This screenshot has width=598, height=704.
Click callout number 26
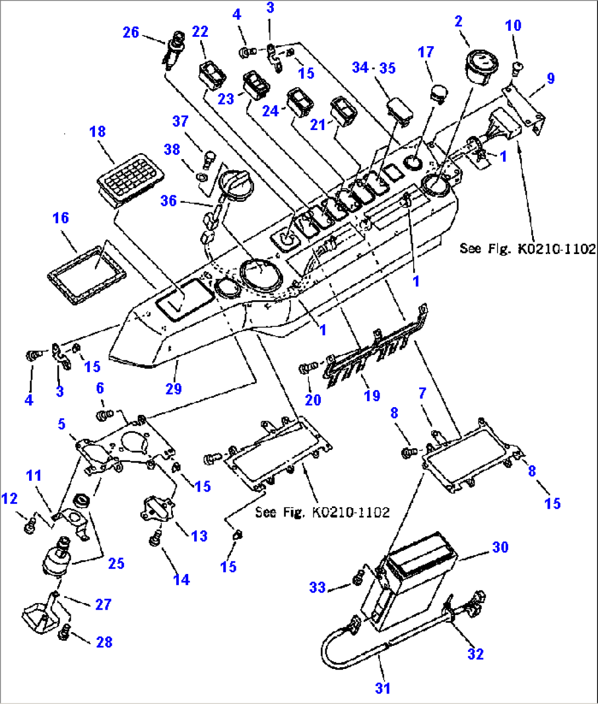click(131, 33)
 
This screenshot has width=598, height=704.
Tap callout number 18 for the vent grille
click(98, 132)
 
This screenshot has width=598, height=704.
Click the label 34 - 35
click(374, 68)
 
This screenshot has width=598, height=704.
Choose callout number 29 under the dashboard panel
click(173, 388)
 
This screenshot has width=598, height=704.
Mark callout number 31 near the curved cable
click(382, 688)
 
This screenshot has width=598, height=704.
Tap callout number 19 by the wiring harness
click(372, 395)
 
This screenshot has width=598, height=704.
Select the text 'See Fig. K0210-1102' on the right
click(527, 249)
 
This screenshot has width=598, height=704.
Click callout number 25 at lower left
click(116, 563)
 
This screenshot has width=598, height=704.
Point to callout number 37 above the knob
click(180, 121)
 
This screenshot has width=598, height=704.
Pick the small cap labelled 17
click(437, 94)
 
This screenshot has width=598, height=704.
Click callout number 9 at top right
click(550, 78)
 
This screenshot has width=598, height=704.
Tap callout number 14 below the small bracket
click(181, 579)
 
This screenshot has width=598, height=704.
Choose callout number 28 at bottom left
click(104, 641)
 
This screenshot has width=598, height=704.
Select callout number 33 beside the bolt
click(318, 587)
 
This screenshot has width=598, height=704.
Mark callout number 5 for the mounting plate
click(61, 424)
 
